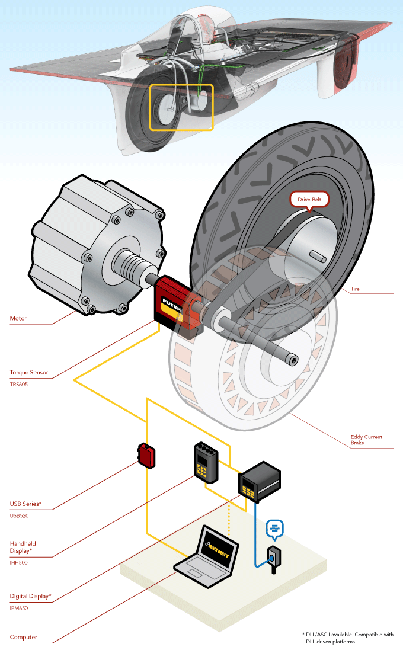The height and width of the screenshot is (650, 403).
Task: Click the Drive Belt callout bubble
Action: [x=309, y=200]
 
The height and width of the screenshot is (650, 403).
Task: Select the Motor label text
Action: [x=18, y=319]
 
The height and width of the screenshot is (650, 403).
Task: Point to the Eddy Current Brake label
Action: [x=366, y=440]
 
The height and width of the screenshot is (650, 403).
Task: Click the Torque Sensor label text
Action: [x=29, y=373]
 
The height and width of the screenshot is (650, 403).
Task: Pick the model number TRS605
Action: [x=19, y=385]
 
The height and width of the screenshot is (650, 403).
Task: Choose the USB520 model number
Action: [x=20, y=515]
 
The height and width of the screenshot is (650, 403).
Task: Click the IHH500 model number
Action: [x=19, y=562]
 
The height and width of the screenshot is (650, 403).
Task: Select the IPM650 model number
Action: [x=19, y=608]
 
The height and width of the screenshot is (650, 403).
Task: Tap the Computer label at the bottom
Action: [x=24, y=637]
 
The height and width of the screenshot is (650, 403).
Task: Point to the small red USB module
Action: [x=146, y=455]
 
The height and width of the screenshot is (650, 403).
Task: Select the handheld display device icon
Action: [x=205, y=460]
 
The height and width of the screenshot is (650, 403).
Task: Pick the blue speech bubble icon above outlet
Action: [x=274, y=527]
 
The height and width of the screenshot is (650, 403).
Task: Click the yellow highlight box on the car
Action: [x=181, y=107]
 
